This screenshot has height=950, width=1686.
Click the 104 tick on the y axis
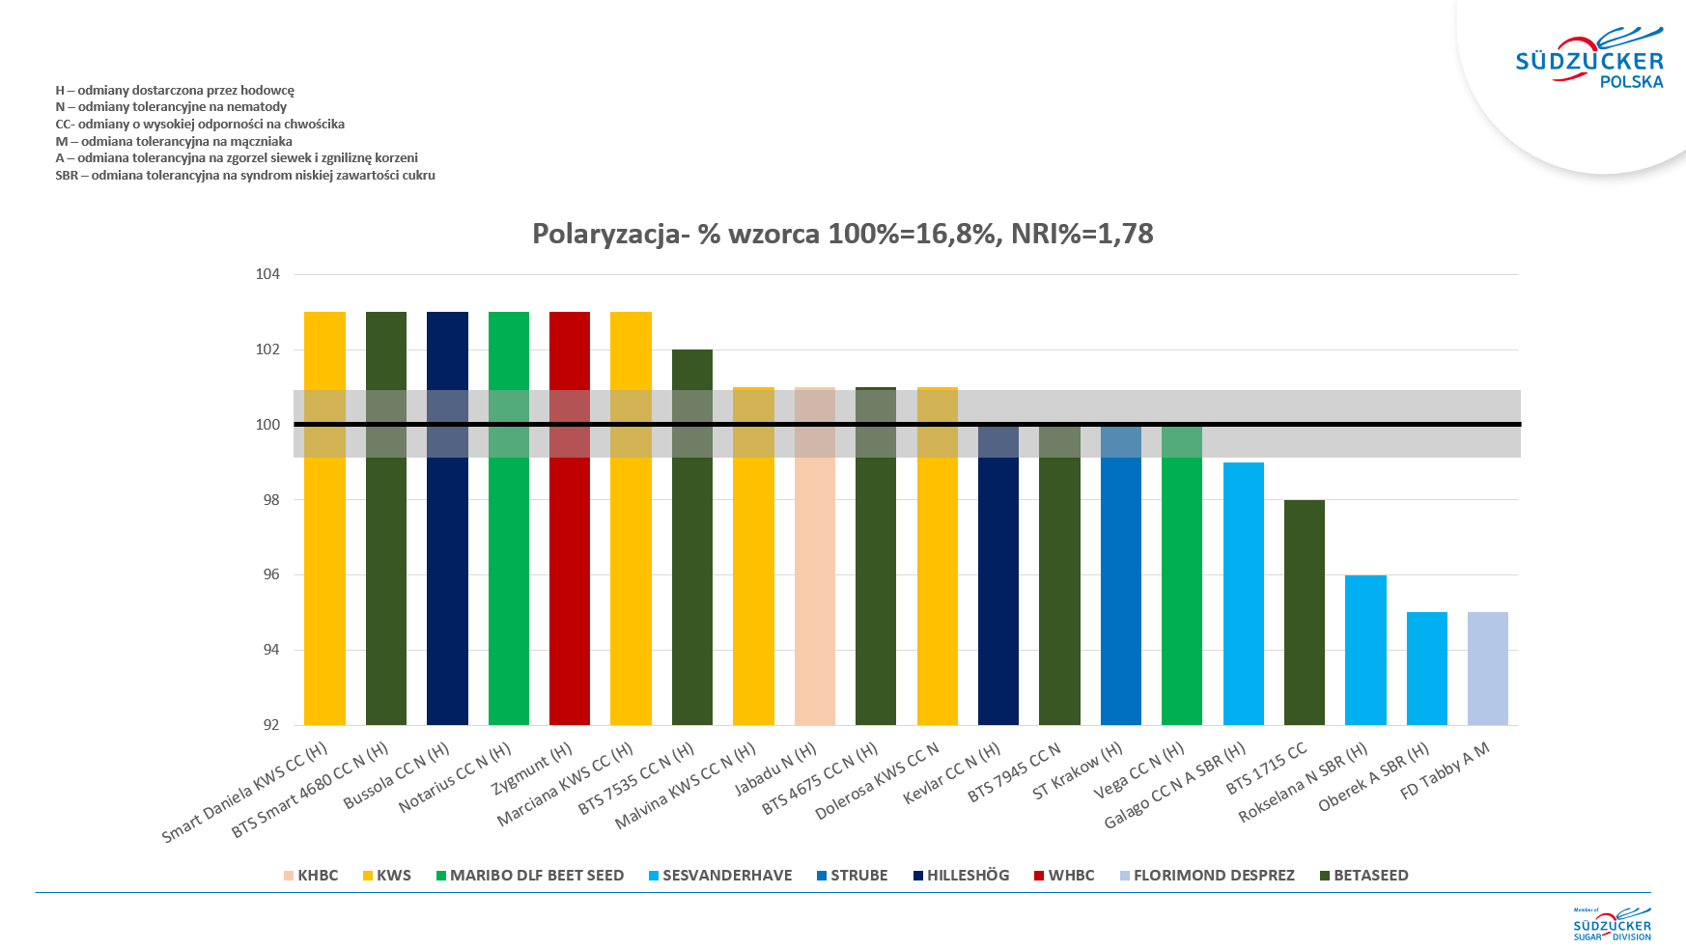(x=267, y=274)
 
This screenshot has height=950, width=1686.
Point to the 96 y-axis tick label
(x=271, y=574)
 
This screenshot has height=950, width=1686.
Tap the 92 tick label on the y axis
(x=271, y=725)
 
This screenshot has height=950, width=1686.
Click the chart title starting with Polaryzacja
(x=842, y=234)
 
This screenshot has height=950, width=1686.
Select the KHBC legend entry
(x=311, y=876)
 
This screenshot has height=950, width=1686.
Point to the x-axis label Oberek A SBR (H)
(x=1373, y=777)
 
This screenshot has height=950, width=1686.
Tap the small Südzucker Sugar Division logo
(x=1612, y=924)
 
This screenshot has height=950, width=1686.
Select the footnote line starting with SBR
(x=245, y=176)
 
